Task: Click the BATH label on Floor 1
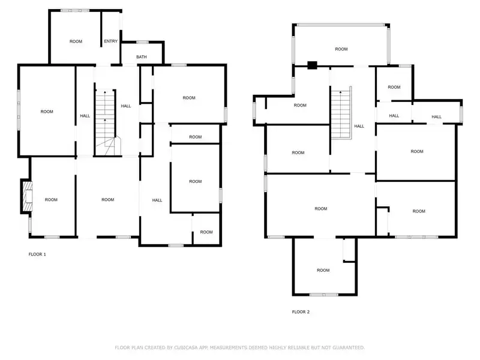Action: (142, 57)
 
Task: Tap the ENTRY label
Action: (110, 41)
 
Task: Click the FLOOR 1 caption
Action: (37, 254)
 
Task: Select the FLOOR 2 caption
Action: (301, 312)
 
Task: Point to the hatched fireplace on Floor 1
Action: (28, 196)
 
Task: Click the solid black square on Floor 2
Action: (312, 65)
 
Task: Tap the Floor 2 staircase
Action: (341, 113)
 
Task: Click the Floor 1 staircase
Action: (106, 123)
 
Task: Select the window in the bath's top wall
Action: (142, 42)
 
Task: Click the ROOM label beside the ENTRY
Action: (76, 41)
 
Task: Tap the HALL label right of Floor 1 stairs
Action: (126, 106)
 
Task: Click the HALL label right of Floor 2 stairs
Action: (359, 126)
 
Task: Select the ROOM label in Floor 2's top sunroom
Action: (341, 49)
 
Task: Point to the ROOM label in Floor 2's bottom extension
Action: (323, 271)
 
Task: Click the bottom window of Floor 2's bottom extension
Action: (324, 295)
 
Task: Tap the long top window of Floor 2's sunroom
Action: (341, 25)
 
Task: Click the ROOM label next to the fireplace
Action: (51, 200)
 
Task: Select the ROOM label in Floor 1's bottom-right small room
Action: (206, 232)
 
